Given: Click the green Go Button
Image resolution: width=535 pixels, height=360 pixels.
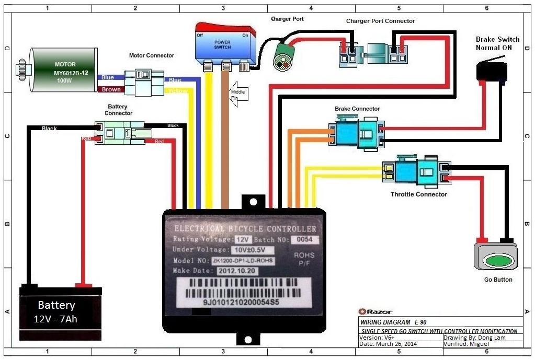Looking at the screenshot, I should tap(495, 260).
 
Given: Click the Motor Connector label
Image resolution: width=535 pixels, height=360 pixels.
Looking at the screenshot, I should tap(152, 55).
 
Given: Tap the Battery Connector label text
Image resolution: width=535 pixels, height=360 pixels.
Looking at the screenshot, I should tap(119, 109).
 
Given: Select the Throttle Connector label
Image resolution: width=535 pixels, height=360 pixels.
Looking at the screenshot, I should tap(419, 194).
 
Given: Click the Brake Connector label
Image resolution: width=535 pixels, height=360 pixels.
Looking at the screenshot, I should tap(357, 109).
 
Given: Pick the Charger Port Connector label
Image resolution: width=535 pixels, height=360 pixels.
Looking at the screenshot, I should tap(380, 21).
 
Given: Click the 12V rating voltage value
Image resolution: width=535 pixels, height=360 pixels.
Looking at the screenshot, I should tap(241, 239).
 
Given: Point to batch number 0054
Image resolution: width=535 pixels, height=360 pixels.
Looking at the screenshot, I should tap(302, 239).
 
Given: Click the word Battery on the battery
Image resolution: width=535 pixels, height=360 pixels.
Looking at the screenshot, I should tap(56, 305).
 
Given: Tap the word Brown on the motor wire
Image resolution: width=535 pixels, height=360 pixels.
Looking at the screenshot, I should tap(111, 89).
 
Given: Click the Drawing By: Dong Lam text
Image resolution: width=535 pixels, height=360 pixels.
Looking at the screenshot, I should tap(466, 338).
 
